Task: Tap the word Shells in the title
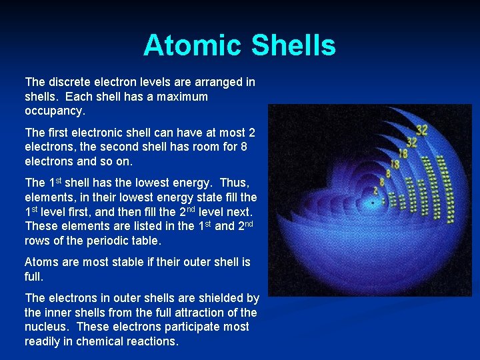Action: pyautogui.click(x=293, y=45)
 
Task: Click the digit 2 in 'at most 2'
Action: pyautogui.click(x=251, y=132)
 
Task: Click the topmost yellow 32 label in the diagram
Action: pyautogui.click(x=421, y=130)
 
